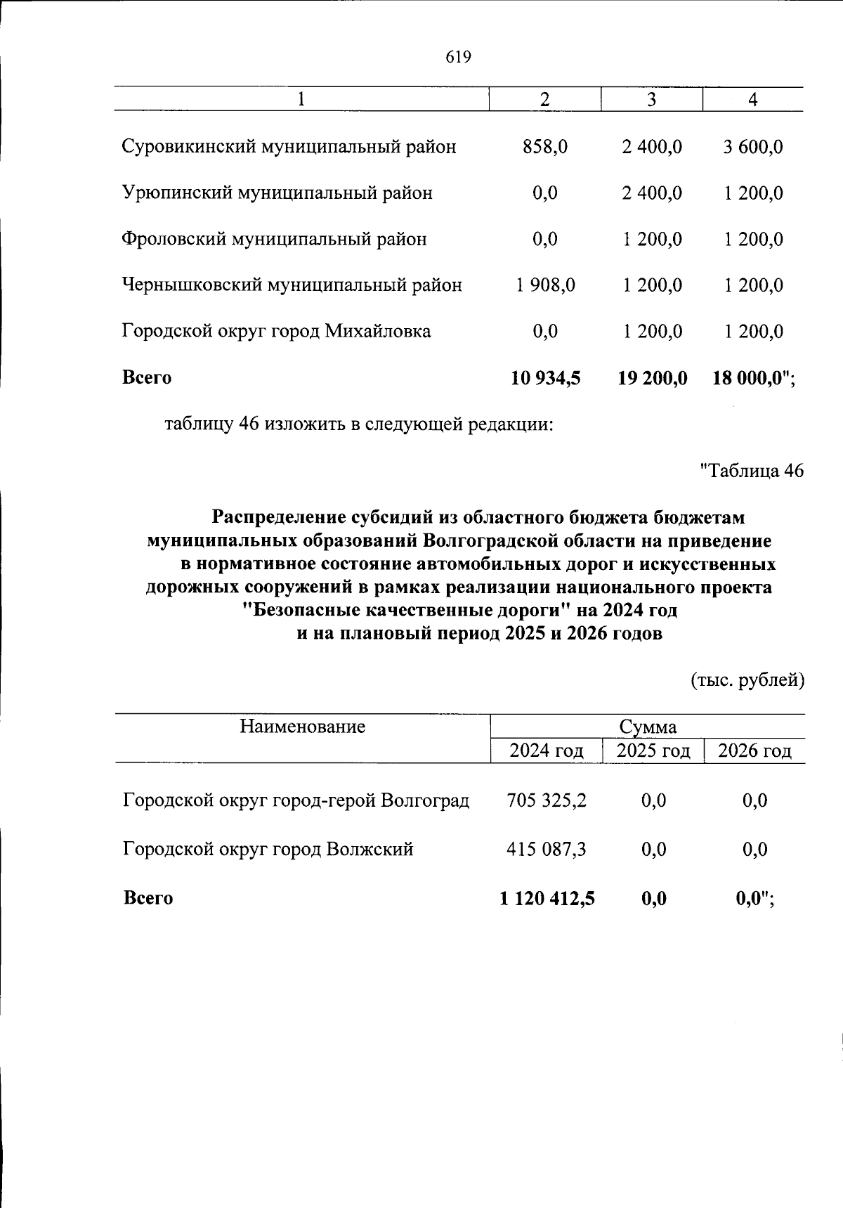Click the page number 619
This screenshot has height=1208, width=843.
458,58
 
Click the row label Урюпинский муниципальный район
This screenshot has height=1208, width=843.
277,193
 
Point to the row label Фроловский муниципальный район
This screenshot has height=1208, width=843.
275,239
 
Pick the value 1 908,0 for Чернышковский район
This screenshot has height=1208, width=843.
545,285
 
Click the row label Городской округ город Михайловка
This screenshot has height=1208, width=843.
277,331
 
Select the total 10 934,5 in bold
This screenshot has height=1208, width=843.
546,377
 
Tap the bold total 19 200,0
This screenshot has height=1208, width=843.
652,377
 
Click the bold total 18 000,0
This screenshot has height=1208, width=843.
749,377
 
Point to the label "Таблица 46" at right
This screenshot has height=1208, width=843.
752,470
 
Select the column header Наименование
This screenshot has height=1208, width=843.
302,726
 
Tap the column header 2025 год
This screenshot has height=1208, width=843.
653,751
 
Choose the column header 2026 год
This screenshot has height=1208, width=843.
754,751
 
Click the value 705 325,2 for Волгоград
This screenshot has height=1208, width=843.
547,800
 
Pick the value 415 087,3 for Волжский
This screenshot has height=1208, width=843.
547,849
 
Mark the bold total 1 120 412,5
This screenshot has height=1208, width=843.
547,897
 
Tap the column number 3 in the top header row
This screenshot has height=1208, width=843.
651,100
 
